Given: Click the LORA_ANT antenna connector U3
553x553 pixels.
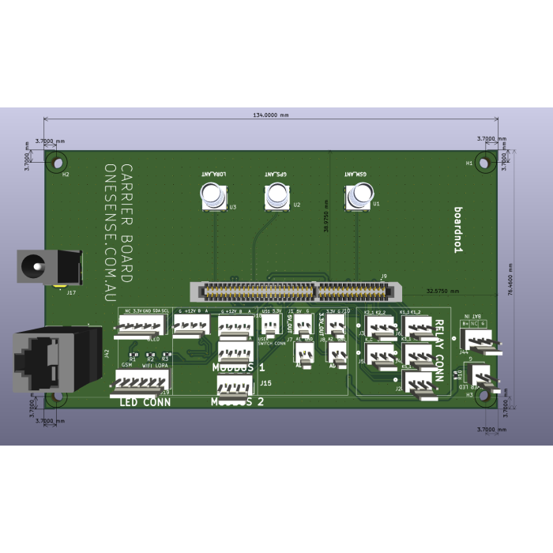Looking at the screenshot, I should (213, 195).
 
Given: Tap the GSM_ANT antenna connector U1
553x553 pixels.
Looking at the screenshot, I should (359, 195).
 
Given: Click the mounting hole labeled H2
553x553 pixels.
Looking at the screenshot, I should (56, 162).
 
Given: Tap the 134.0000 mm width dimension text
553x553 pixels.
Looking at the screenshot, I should (270, 115).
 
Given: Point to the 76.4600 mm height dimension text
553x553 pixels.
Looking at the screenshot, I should (510, 280).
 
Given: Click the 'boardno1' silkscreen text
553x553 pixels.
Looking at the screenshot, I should (457, 230).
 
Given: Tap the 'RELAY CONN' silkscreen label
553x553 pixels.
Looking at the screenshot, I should (439, 352).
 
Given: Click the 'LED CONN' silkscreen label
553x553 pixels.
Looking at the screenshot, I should (145, 402).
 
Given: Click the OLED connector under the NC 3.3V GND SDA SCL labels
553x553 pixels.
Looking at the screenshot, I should (141, 325).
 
